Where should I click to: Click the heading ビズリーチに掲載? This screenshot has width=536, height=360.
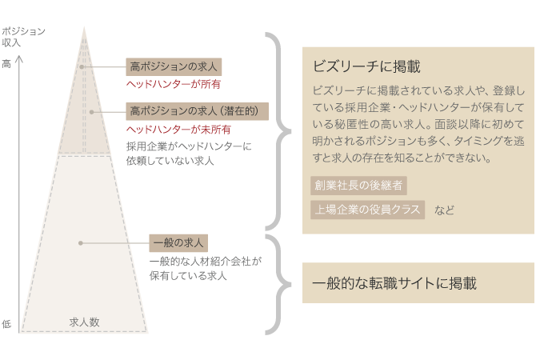366,66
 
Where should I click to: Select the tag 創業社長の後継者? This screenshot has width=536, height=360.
358,186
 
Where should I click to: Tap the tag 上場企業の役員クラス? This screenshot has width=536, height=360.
367,210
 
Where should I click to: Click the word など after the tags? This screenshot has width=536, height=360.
444,210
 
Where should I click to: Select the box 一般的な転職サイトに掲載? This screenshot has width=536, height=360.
417,283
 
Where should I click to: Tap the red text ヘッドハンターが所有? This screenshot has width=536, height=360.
174,83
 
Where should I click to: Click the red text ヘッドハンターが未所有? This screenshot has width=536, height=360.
179,129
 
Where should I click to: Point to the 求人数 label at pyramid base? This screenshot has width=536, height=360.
84,322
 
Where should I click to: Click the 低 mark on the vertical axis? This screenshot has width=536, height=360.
6,324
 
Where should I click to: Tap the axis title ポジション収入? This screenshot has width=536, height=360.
23,36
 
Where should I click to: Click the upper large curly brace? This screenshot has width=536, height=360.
278,130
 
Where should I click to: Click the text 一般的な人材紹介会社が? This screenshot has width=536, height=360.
205,261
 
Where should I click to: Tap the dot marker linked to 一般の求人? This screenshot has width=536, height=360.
81,242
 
